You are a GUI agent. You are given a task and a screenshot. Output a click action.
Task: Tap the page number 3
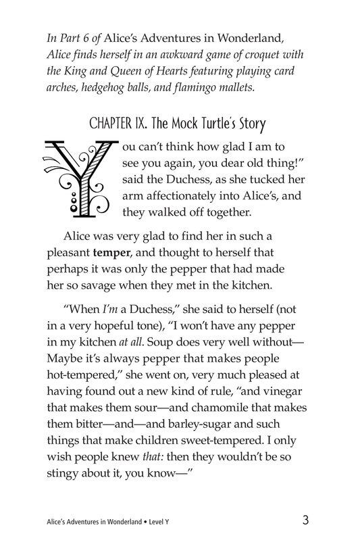(x=306, y=520)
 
